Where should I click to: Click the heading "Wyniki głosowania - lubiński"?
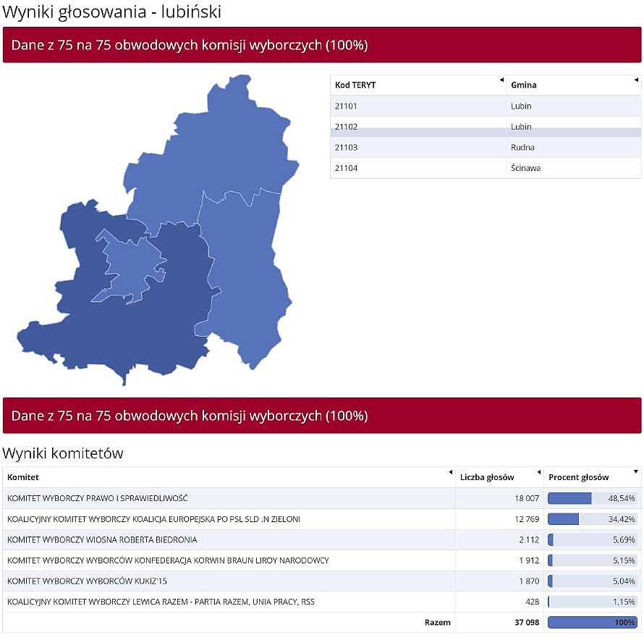click(112, 12)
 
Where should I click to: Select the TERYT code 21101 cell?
click(347, 106)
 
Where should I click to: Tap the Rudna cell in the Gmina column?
click(522, 147)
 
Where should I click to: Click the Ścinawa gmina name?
click(525, 168)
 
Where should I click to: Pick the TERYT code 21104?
click(347, 168)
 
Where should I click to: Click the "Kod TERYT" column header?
click(355, 85)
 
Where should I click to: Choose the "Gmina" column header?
click(524, 85)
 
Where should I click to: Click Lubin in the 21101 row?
click(521, 106)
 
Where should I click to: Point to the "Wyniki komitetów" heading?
click(63, 453)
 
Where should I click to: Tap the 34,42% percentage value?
click(621, 519)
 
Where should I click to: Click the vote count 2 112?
click(529, 539)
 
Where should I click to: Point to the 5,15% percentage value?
click(623, 560)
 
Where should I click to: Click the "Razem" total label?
click(437, 622)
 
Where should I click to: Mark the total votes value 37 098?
click(523, 622)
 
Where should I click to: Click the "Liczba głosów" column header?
click(487, 477)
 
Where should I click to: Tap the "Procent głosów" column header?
click(579, 477)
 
